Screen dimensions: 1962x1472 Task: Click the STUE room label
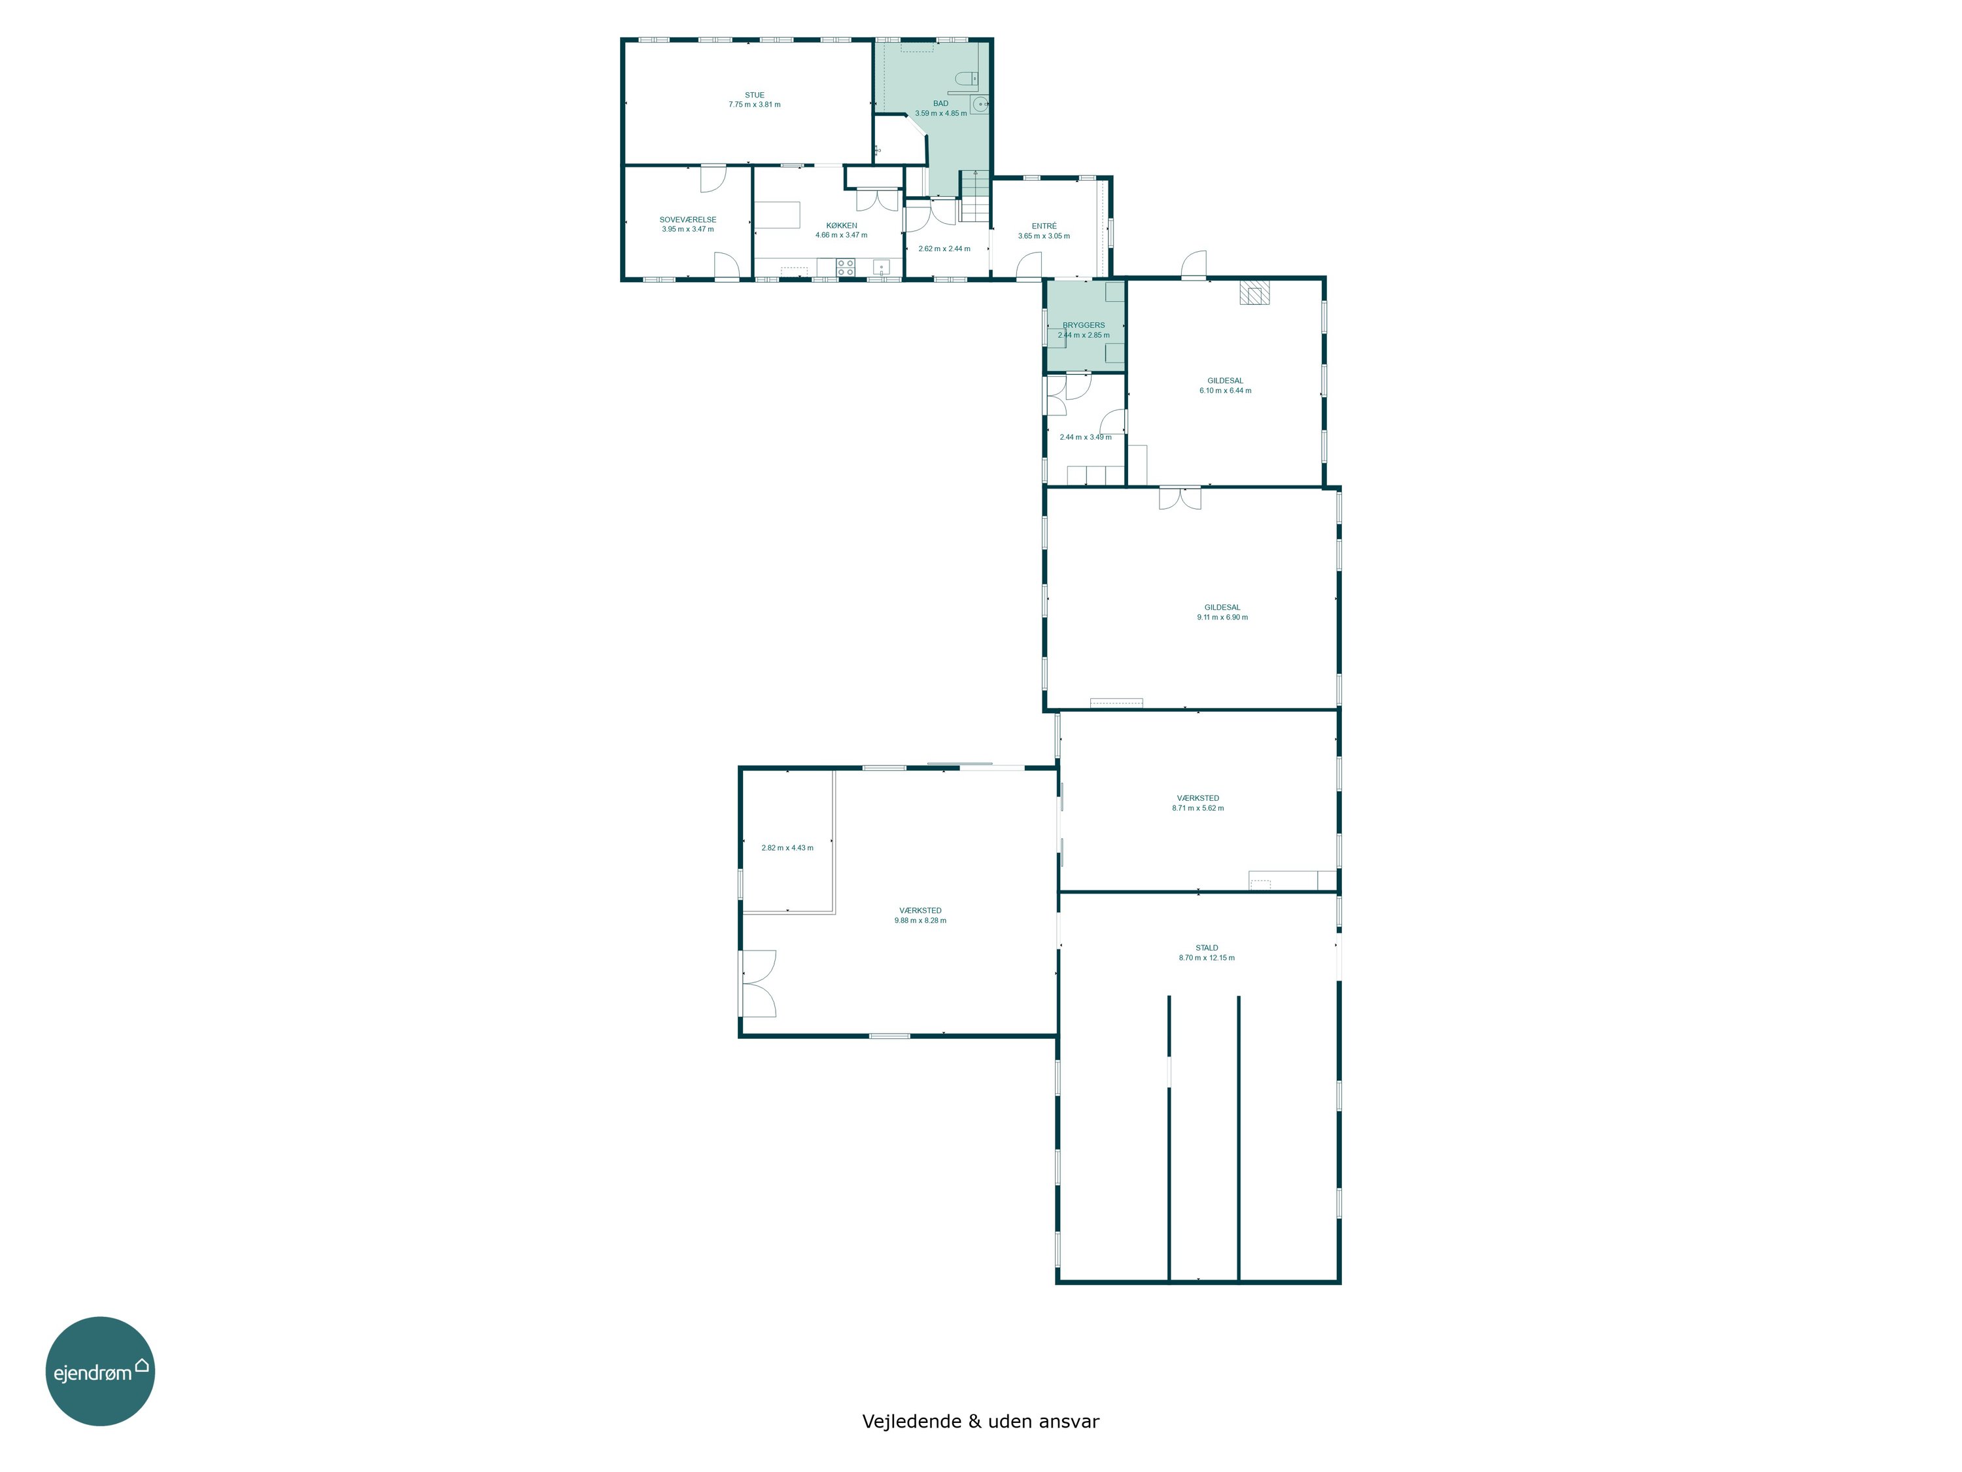click(754, 95)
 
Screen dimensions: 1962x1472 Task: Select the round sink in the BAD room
click(980, 105)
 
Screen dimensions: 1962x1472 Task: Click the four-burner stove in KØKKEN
click(845, 267)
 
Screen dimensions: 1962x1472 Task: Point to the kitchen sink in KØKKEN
click(881, 267)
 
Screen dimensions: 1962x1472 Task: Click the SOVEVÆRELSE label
click(687, 219)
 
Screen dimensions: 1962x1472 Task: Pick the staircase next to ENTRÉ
click(975, 196)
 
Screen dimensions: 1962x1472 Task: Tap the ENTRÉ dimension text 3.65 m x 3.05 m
click(1044, 236)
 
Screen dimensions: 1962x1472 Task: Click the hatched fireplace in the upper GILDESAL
click(1254, 293)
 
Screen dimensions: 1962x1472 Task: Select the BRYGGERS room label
click(1084, 324)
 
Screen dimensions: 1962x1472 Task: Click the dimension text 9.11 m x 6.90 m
click(1222, 618)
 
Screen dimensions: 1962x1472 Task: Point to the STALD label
click(1206, 947)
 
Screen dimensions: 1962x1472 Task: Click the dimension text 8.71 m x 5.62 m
click(1198, 809)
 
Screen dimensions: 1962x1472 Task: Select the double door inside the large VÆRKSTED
click(759, 983)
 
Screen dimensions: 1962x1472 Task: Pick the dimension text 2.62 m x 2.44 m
click(944, 249)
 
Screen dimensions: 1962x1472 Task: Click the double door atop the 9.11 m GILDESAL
click(1180, 498)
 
